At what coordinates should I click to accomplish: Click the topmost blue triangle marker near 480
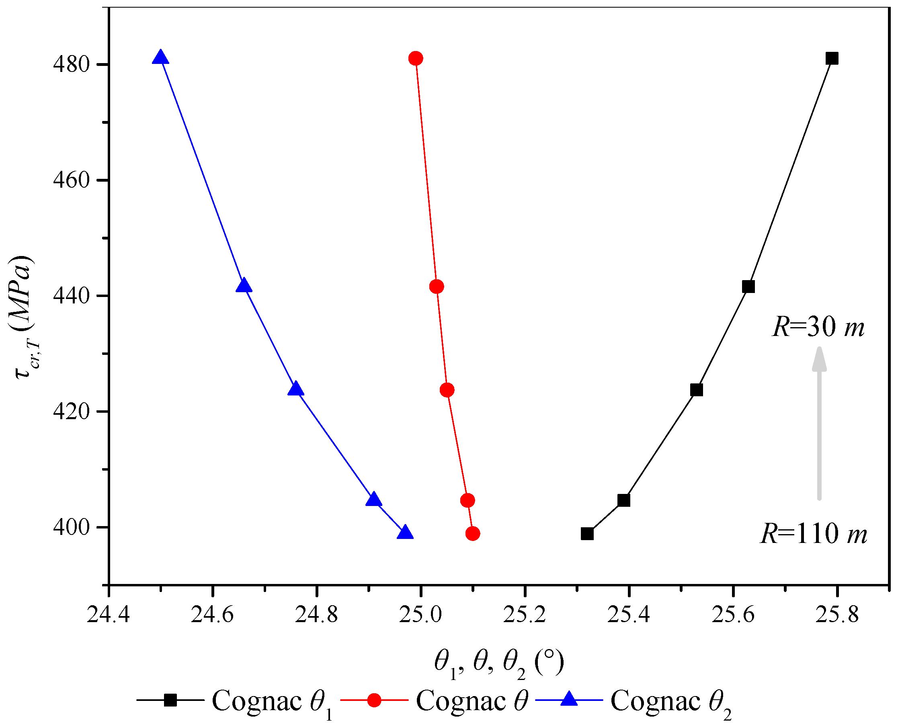click(160, 57)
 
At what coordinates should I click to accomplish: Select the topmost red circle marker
click(415, 58)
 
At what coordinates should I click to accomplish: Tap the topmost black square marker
click(831, 58)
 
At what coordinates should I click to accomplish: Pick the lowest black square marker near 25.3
click(587, 533)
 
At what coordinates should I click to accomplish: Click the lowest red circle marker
click(472, 533)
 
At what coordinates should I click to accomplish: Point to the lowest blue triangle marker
click(405, 533)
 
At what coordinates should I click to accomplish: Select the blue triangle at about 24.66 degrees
click(244, 286)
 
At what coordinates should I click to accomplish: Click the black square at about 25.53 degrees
click(696, 390)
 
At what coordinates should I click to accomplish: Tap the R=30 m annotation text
click(818, 327)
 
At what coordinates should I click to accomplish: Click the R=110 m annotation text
click(813, 533)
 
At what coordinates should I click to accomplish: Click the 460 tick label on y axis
click(72, 180)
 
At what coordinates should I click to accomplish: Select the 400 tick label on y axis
click(72, 527)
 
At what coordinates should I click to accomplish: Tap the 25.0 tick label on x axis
click(421, 615)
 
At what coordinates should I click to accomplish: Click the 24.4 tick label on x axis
click(108, 615)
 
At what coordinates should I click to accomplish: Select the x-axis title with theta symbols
click(499, 663)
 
